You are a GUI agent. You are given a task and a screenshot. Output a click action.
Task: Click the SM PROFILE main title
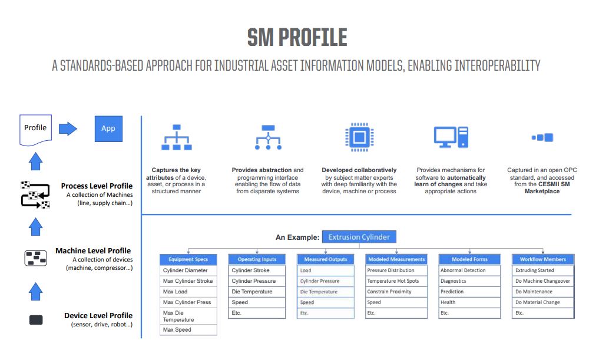(x=297, y=38)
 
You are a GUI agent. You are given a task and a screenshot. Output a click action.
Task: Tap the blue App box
(x=108, y=128)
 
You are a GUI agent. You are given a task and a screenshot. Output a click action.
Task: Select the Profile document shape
(x=35, y=128)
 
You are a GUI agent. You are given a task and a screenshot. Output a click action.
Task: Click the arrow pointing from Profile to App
(x=68, y=128)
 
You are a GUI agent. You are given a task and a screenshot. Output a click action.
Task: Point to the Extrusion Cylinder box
(x=359, y=237)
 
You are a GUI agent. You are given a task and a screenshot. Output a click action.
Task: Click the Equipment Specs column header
(x=188, y=259)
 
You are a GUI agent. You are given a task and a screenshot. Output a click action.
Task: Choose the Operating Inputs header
(x=257, y=259)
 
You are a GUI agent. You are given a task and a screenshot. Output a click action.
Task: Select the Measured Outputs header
(x=326, y=259)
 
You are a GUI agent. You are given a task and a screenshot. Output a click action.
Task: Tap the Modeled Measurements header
(x=396, y=259)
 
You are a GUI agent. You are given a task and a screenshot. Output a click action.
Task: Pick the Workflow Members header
(x=543, y=259)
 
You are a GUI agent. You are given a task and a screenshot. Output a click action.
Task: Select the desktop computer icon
(x=451, y=137)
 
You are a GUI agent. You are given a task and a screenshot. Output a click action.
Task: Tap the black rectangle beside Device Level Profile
(x=36, y=320)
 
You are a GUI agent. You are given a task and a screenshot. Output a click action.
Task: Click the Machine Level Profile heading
(x=93, y=251)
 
